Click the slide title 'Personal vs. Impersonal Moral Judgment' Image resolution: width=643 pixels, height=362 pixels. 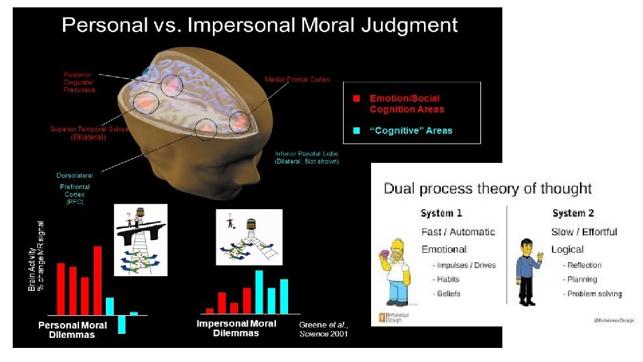point(260,25)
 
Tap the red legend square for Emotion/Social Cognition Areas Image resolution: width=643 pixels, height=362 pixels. point(356,99)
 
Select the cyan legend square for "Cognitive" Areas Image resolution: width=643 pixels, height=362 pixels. point(356,130)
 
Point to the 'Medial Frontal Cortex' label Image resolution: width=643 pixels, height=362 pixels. point(297,80)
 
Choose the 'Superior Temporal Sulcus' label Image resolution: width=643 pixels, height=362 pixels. point(89,133)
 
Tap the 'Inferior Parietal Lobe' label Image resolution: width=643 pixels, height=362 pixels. point(307,157)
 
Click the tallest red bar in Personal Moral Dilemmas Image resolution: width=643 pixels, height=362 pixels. point(97,280)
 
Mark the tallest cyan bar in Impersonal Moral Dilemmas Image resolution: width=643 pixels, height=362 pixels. point(259,292)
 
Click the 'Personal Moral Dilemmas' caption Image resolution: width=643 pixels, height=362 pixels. point(72,330)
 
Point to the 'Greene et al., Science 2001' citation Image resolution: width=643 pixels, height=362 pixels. point(324,329)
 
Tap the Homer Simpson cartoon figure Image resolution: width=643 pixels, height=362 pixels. point(396,271)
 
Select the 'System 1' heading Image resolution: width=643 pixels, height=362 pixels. point(441,213)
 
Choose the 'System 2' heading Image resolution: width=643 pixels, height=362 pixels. point(573,213)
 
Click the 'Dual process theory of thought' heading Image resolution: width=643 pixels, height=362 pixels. point(488,188)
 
